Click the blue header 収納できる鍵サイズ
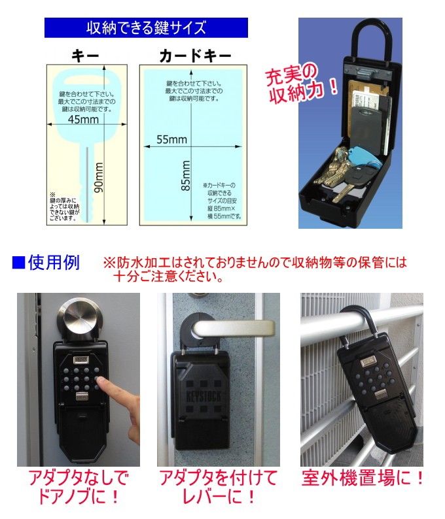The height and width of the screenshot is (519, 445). [146, 28]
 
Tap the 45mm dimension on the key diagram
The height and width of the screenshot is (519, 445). [83, 121]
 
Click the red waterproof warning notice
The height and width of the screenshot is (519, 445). [255, 269]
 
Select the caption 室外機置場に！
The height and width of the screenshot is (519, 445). [363, 478]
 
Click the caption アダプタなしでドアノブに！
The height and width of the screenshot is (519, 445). [79, 488]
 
